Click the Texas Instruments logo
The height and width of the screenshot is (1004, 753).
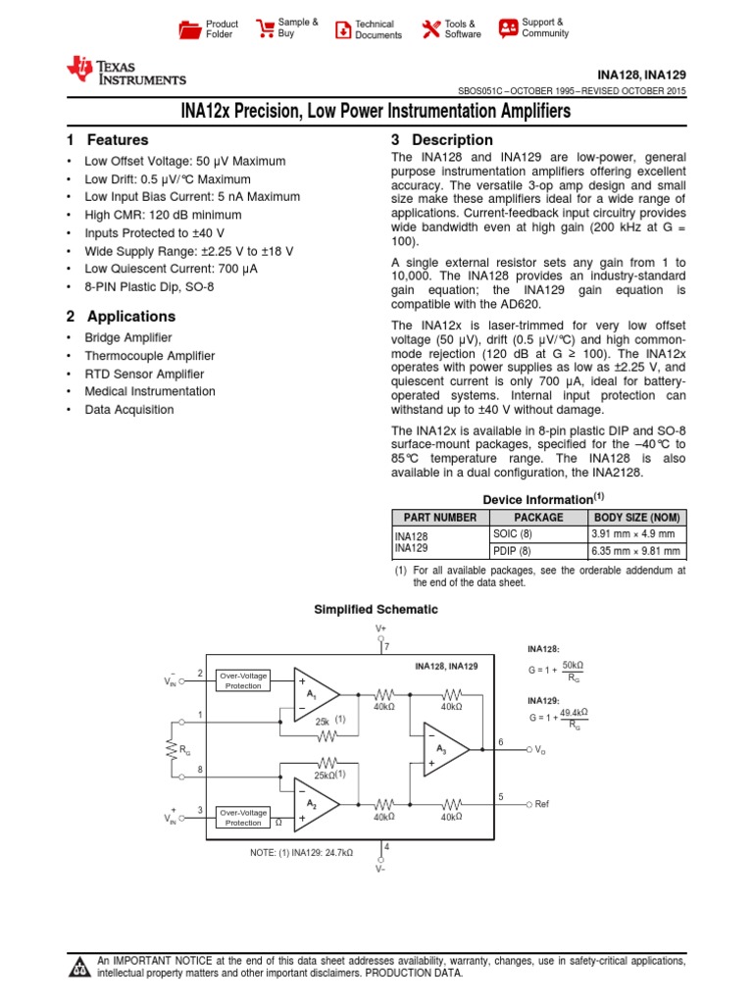pos(125,72)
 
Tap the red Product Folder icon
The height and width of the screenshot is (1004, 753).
pos(189,29)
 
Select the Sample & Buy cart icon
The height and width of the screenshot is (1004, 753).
pos(265,28)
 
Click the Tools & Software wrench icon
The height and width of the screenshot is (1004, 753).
pos(430,29)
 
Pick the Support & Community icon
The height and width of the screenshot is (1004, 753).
pos(507,27)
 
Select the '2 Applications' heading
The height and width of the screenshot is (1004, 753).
pos(121,317)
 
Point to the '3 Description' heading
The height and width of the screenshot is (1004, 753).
pos(441,140)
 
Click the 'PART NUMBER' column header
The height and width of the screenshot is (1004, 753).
pos(435,518)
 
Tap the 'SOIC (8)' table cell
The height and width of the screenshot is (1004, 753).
pos(512,533)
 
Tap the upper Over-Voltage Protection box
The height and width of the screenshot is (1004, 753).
pos(243,680)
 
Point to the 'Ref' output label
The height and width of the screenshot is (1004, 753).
pos(542,804)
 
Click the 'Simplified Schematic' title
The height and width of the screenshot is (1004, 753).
pos(376,610)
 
